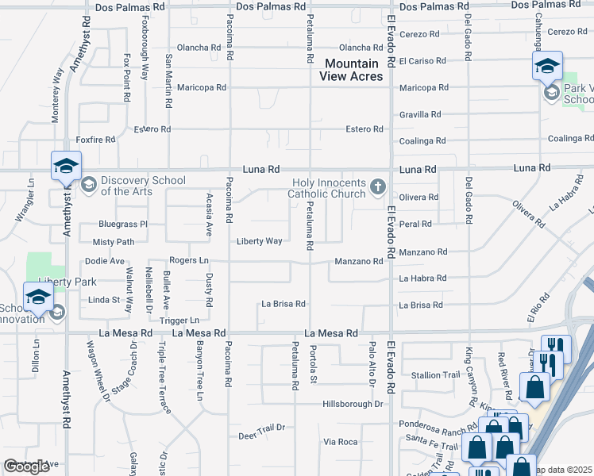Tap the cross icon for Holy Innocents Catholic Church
[x=378, y=188]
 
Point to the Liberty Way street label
[x=259, y=241]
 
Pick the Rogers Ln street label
[x=189, y=260]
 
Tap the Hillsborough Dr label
[x=353, y=404]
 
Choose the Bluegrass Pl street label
[x=123, y=225]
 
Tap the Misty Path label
[x=114, y=242]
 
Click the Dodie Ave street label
[x=105, y=261]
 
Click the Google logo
[x=27, y=466]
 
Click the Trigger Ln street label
[x=179, y=321]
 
